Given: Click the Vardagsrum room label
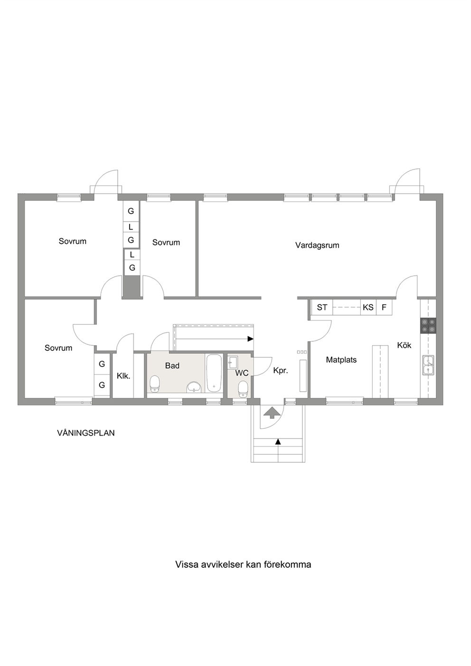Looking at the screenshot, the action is pyautogui.click(x=317, y=245).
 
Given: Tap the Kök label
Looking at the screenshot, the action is pyautogui.click(x=404, y=345).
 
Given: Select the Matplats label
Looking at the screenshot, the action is pyautogui.click(x=341, y=360).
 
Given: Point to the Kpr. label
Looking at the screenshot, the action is pyautogui.click(x=281, y=371).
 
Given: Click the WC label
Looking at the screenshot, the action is pyautogui.click(x=242, y=373).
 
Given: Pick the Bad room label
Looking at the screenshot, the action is pyautogui.click(x=172, y=366).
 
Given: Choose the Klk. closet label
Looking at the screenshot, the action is pyautogui.click(x=123, y=376).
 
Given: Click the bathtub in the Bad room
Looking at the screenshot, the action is pyautogui.click(x=214, y=373).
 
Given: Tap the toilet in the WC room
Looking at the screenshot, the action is pyautogui.click(x=243, y=389).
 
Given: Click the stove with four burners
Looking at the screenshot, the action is pyautogui.click(x=428, y=325).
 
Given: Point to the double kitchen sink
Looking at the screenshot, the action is pyautogui.click(x=428, y=365).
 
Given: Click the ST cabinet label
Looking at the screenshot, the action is pyautogui.click(x=322, y=307).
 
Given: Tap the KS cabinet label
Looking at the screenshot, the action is pyautogui.click(x=368, y=307).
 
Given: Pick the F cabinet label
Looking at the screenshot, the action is pyautogui.click(x=384, y=307).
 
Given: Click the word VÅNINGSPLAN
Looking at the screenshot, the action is pyautogui.click(x=85, y=433).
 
